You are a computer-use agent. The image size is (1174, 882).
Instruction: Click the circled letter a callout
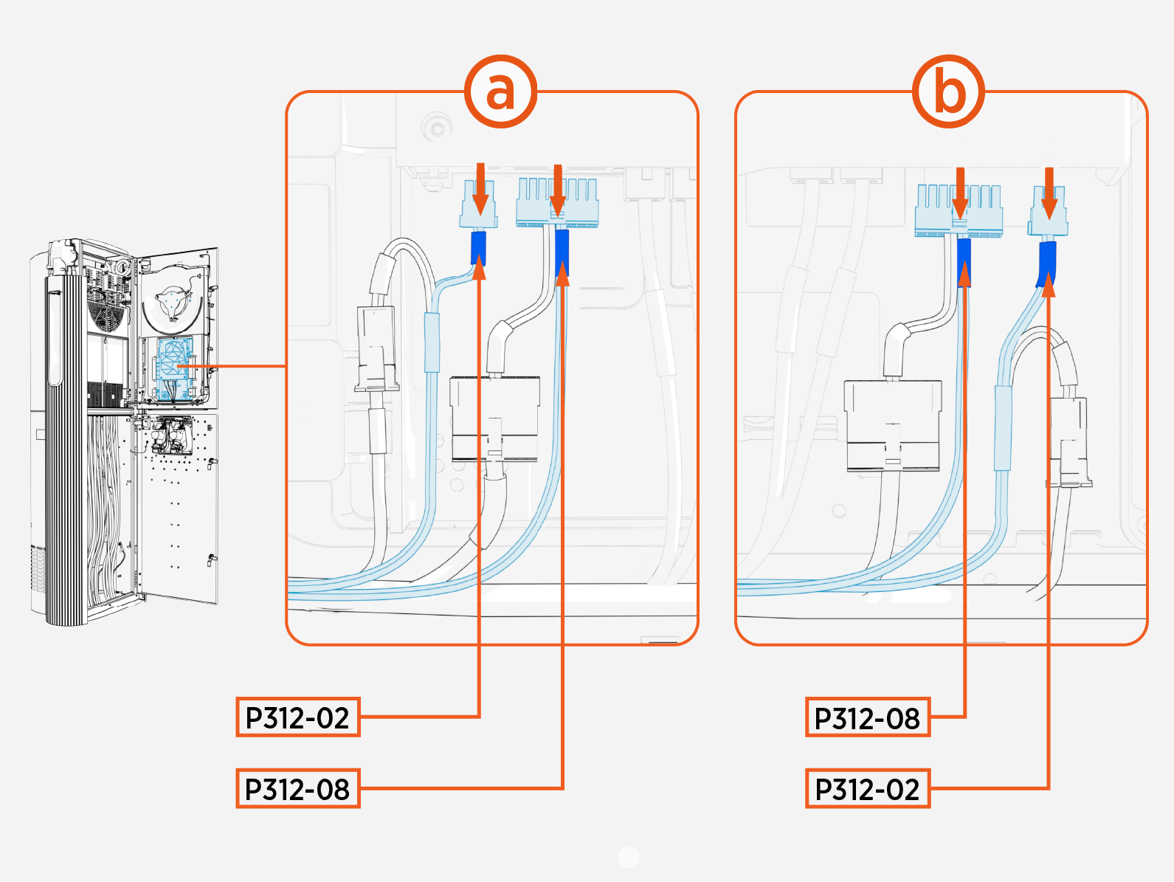pos(500,92)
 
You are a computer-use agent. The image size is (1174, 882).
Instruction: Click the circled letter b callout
pos(949,92)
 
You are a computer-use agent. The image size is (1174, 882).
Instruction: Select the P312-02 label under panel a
pos(298,717)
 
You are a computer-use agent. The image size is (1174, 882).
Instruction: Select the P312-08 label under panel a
pos(298,789)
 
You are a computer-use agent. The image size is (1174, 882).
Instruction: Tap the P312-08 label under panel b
pos(867,717)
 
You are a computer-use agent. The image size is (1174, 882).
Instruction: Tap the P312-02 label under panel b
pos(867,789)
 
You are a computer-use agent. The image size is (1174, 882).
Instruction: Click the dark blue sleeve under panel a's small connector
pos(478,248)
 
